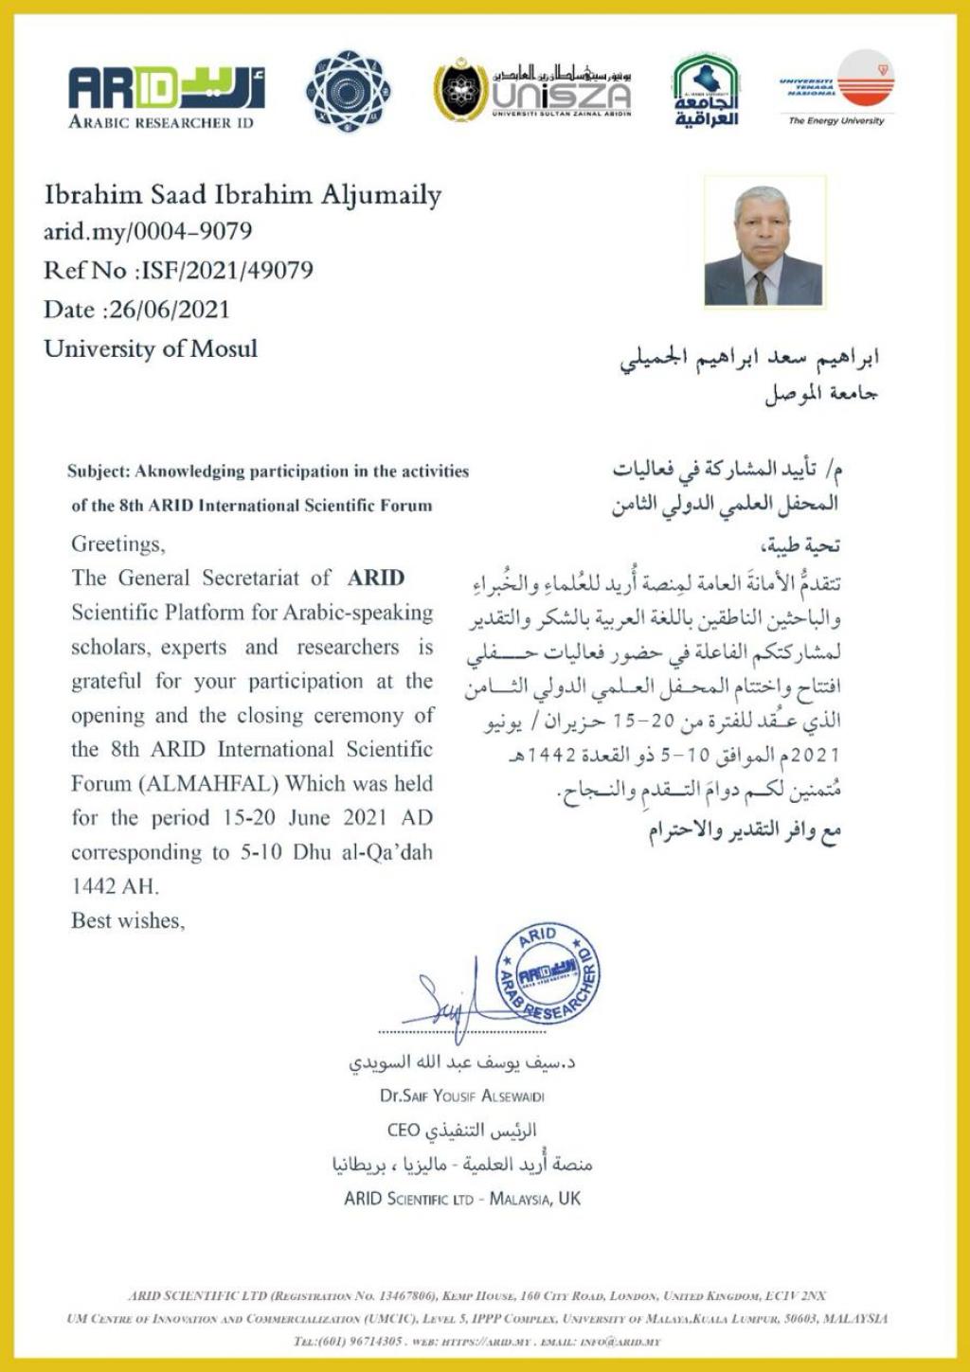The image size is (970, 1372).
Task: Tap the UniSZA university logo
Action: (x=532, y=91)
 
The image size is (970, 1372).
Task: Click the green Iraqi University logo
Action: (x=706, y=91)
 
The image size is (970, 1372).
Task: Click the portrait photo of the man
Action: (x=763, y=242)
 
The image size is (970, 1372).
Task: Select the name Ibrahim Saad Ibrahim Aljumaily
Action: (x=242, y=195)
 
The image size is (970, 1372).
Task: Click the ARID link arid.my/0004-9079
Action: (x=148, y=231)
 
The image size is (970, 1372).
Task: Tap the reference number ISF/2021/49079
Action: (x=226, y=271)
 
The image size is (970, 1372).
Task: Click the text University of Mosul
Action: (x=151, y=348)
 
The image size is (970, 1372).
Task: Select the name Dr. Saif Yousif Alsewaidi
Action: (x=462, y=1096)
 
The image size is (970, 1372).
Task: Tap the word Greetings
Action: (x=117, y=544)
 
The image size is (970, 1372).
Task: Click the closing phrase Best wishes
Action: (x=128, y=920)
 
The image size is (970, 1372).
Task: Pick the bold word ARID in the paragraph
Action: (x=375, y=578)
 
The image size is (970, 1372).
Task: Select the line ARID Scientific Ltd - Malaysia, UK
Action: (x=462, y=1199)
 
